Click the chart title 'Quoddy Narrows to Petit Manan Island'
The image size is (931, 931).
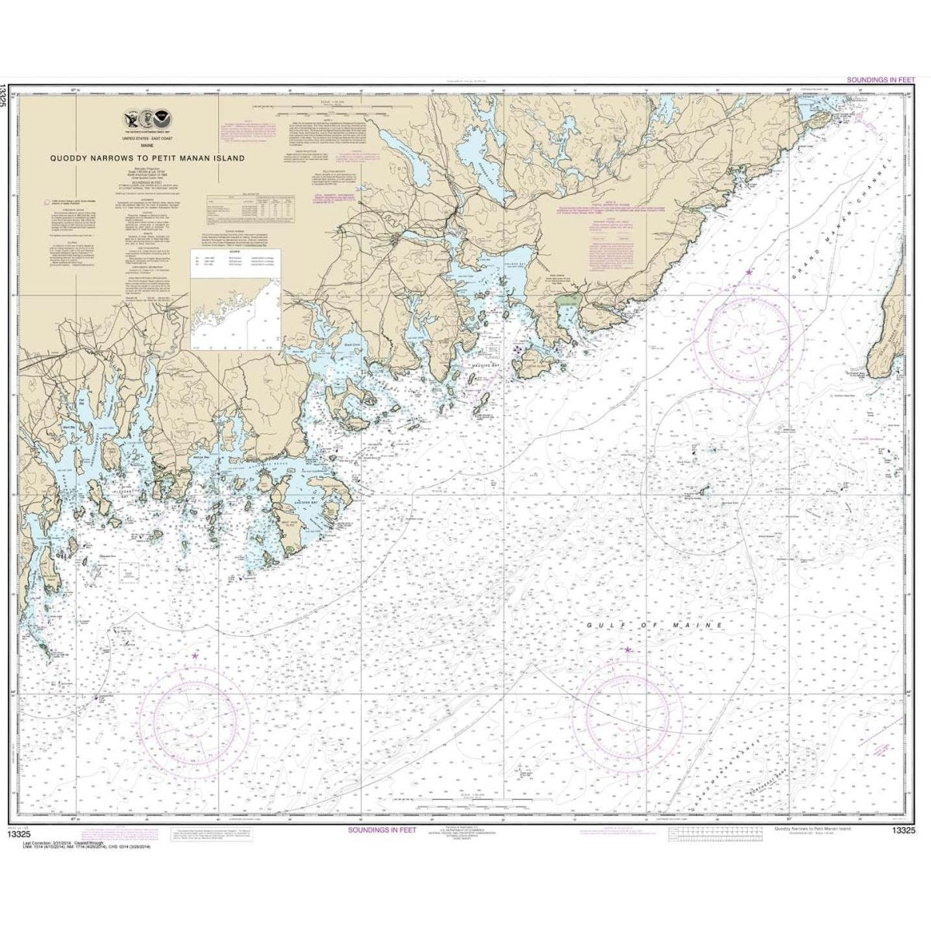147,157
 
